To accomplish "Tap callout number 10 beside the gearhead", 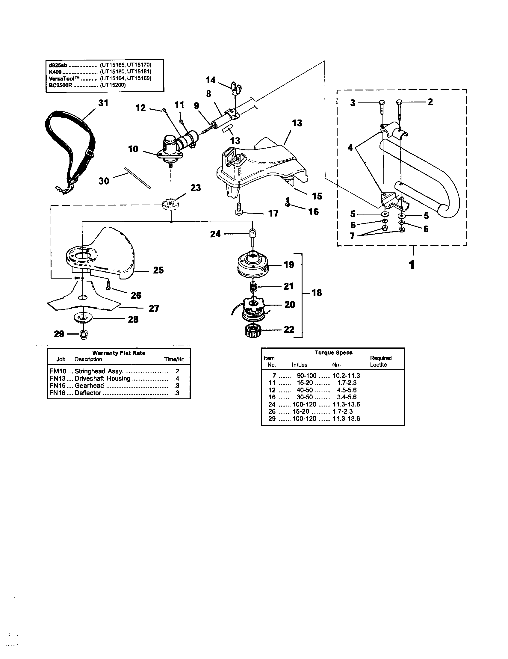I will tap(133, 149).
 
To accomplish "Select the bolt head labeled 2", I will tap(399, 102).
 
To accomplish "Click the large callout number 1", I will tap(412, 265).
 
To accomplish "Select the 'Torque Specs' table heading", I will tap(333, 353).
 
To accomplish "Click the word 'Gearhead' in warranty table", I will tap(89, 386).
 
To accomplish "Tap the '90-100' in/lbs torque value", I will tap(306, 376).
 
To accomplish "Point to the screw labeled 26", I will tap(108, 287).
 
